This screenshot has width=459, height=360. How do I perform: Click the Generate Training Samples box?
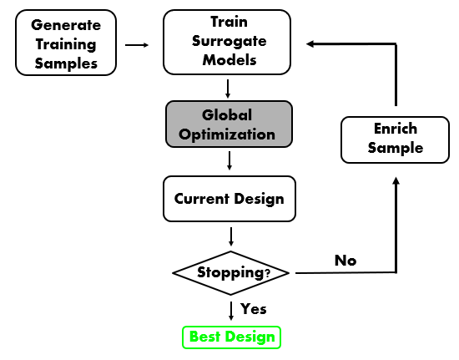tap(64, 44)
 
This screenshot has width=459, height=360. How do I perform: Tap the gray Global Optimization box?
tap(229, 124)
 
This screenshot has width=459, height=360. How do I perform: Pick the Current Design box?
tap(229, 199)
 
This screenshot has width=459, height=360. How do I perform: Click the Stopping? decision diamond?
tap(231, 272)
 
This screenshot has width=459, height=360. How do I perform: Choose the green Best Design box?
tap(231, 337)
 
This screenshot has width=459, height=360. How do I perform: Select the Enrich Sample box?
tap(396, 139)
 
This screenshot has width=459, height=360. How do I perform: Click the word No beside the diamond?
tap(346, 261)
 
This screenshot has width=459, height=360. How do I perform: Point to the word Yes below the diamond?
tap(253, 309)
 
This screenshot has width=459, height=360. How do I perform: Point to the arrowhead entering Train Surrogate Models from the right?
tap(311, 44)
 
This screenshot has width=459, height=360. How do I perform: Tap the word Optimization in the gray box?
tap(229, 134)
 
